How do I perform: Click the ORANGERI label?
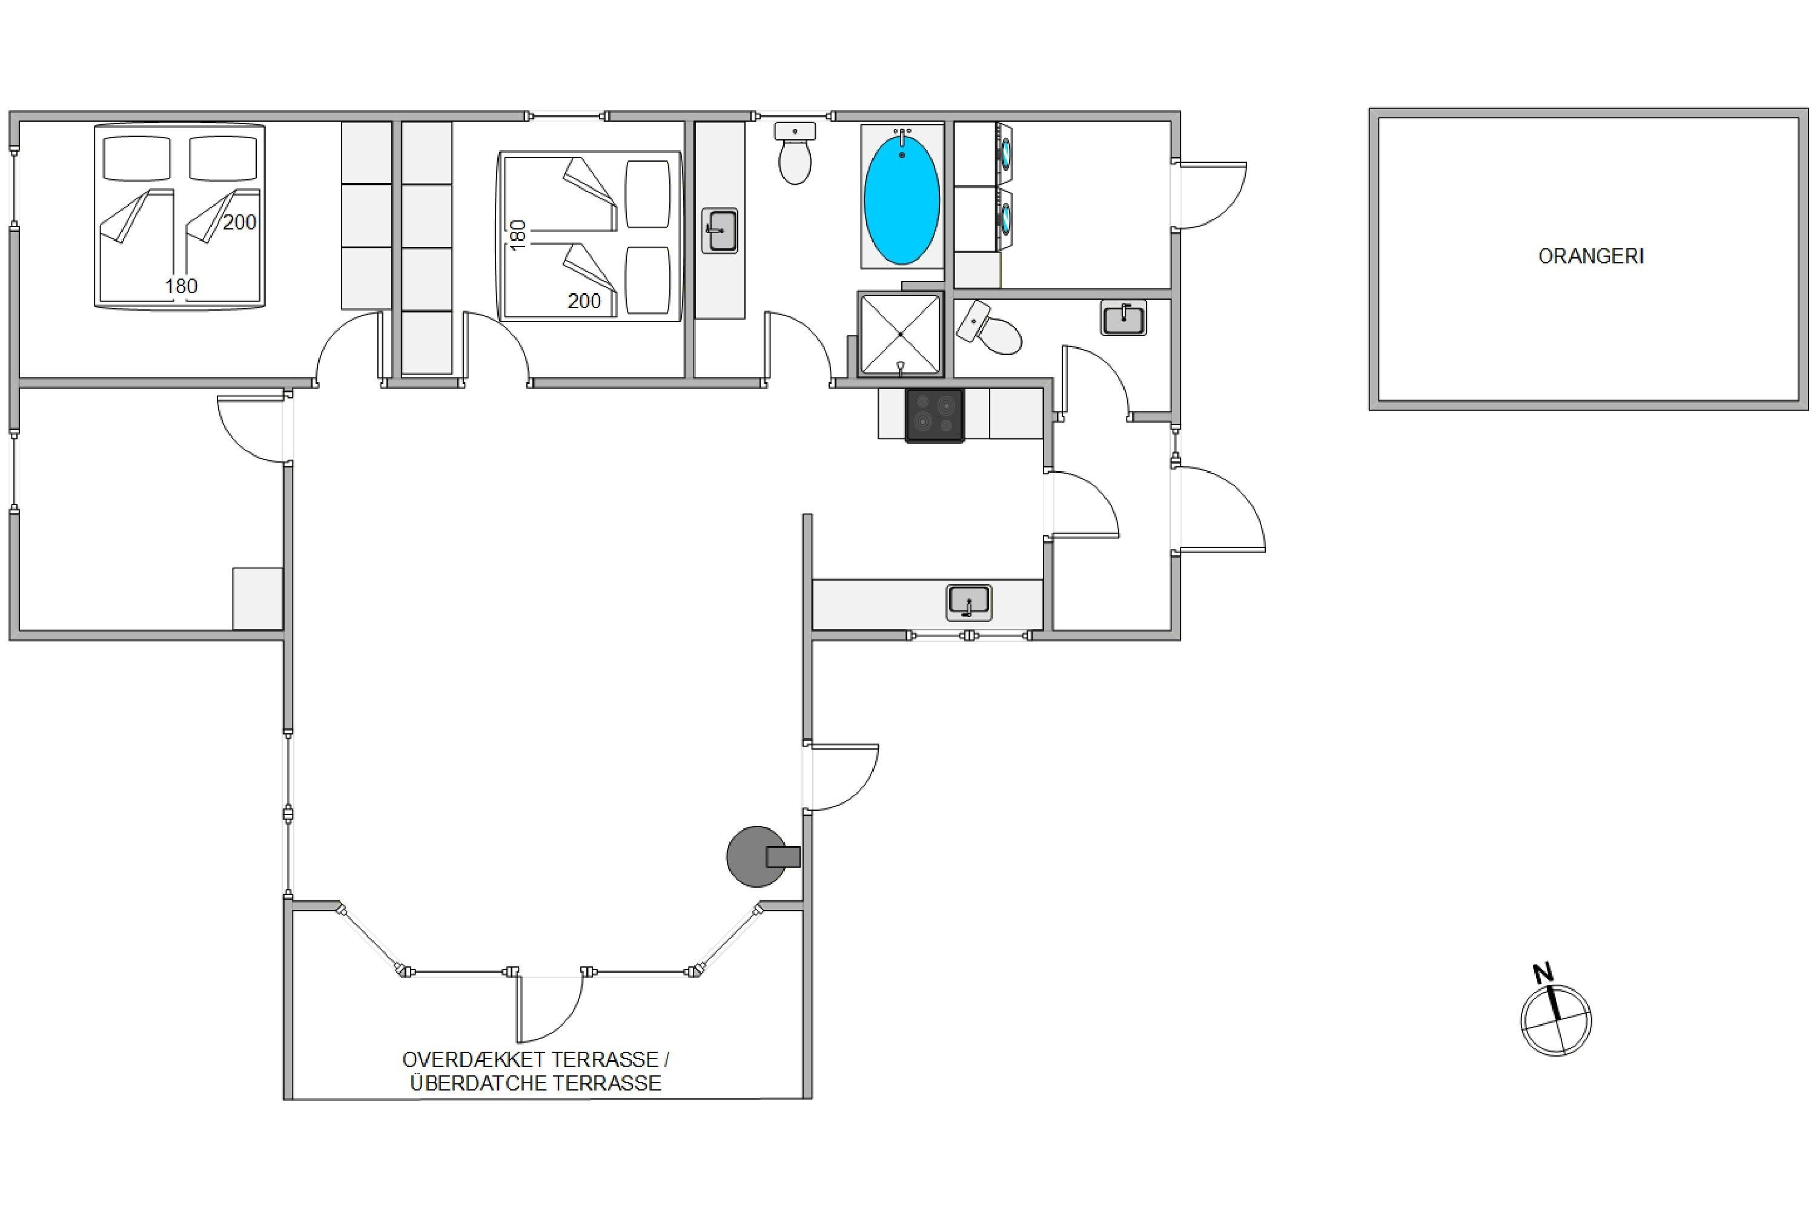(x=1590, y=256)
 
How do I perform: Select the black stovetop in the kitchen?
(x=935, y=415)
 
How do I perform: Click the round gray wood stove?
(x=757, y=857)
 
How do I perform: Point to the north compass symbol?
(x=1556, y=1020)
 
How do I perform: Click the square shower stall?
(x=901, y=334)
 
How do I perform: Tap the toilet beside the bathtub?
(x=794, y=153)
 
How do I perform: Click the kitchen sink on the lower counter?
(x=968, y=602)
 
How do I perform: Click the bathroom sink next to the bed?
(x=720, y=230)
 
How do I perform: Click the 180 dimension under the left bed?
(x=180, y=286)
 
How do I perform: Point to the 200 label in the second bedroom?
(x=584, y=300)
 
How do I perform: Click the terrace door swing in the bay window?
(x=549, y=1009)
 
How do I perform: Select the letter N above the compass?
(x=1543, y=972)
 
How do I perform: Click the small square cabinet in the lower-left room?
(x=257, y=599)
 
